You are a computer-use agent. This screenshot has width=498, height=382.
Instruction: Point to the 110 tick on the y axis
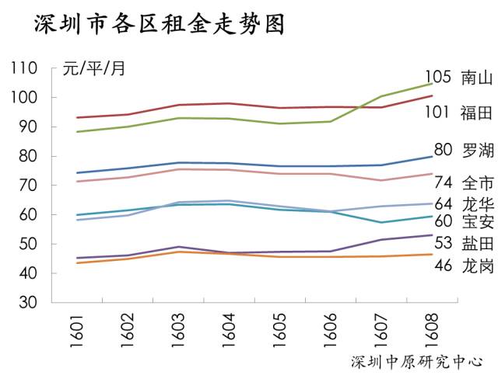pyautogui.click(x=24, y=68)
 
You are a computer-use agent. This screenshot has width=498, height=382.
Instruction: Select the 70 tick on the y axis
pyautogui.click(x=29, y=186)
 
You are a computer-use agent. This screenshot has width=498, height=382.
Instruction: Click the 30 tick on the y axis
pyautogui.click(x=29, y=303)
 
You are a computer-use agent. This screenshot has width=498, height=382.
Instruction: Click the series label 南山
pyautogui.click(x=477, y=78)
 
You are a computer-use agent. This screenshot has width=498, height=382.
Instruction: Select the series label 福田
pyautogui.click(x=477, y=113)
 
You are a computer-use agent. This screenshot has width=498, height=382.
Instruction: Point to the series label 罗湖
pyautogui.click(x=477, y=150)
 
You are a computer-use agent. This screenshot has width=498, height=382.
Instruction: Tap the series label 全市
pyautogui.click(x=477, y=183)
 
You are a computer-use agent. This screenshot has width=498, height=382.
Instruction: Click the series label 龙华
pyautogui.click(x=477, y=203)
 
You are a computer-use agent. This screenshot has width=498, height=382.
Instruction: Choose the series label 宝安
pyautogui.click(x=477, y=222)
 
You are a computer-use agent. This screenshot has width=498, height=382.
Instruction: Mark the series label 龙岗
pyautogui.click(x=477, y=266)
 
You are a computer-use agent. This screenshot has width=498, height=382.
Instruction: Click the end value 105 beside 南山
pyautogui.click(x=438, y=77)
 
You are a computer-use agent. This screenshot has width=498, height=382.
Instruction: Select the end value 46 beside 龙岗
pyautogui.click(x=443, y=266)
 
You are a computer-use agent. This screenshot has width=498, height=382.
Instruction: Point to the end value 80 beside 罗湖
pyautogui.click(x=443, y=150)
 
